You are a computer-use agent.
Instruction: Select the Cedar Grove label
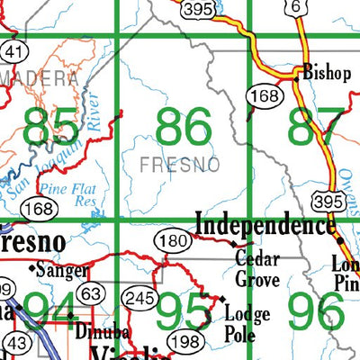[x=257, y=269]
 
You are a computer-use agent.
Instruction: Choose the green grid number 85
[x=51, y=127]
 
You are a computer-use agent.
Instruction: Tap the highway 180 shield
[x=178, y=240]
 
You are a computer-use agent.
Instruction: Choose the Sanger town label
[x=61, y=269]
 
